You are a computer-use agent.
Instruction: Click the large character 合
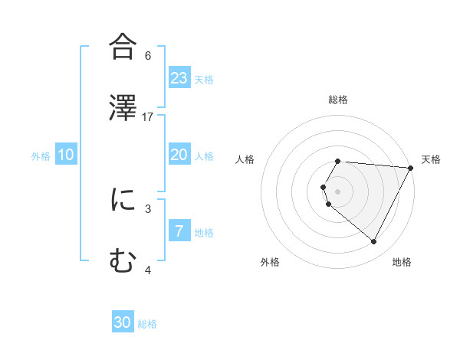click(x=123, y=47)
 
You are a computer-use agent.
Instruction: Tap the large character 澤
click(x=123, y=108)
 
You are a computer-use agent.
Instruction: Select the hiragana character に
click(x=123, y=201)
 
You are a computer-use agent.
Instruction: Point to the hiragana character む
click(x=123, y=262)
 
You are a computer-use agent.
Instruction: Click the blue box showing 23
click(x=179, y=78)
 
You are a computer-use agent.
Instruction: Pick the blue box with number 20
click(x=179, y=155)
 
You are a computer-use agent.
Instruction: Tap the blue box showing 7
click(x=179, y=231)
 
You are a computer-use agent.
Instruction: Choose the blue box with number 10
click(x=66, y=155)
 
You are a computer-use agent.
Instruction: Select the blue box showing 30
click(x=123, y=322)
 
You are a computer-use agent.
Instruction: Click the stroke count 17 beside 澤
click(x=148, y=116)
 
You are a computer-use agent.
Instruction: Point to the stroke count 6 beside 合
click(x=148, y=55)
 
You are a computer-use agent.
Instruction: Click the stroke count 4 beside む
click(x=148, y=270)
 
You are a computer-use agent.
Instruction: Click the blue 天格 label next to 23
click(x=204, y=79)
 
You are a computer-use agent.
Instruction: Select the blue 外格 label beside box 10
click(x=41, y=155)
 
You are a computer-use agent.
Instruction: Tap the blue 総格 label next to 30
click(x=147, y=323)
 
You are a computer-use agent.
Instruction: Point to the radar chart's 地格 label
click(x=402, y=262)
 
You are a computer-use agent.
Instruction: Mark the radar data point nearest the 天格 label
click(x=411, y=168)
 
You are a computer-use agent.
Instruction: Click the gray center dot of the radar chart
click(x=338, y=191)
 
